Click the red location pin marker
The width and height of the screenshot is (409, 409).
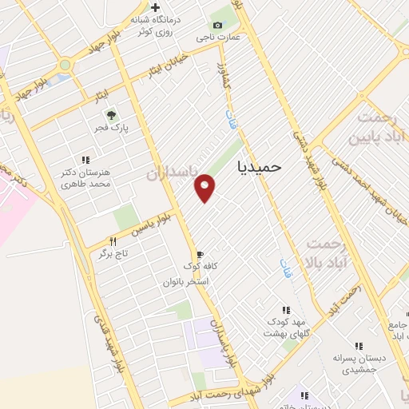pyautogui.click(x=205, y=187)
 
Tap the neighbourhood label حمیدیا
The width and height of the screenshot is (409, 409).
pyautogui.click(x=260, y=165)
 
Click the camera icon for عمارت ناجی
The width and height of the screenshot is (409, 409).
pyautogui.click(x=218, y=26)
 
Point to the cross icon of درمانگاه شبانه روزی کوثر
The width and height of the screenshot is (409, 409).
pyautogui.click(x=156, y=8)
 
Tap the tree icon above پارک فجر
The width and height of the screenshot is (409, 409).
pyautogui.click(x=111, y=114)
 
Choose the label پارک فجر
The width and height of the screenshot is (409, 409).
pyautogui.click(x=114, y=127)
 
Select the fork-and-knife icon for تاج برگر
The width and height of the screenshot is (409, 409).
pyautogui.click(x=113, y=242)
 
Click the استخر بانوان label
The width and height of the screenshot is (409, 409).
pyautogui.click(x=185, y=282)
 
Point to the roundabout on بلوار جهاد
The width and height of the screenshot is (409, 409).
pyautogui.click(x=64, y=65)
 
